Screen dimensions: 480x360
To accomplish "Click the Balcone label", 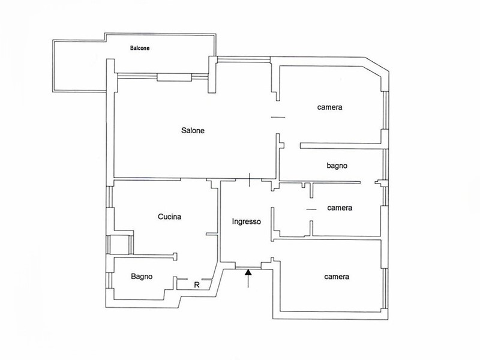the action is point(140,48).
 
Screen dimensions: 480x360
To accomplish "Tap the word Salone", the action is point(193,130).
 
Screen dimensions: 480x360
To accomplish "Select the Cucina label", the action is point(170,217).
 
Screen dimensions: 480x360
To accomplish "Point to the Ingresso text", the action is point(247,221).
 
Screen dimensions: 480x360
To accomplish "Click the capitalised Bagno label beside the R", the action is point(142,277).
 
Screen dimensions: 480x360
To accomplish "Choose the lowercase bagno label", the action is point(337,166).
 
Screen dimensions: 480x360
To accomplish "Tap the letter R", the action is point(197,285).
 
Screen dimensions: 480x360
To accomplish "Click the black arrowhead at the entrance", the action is point(248,272).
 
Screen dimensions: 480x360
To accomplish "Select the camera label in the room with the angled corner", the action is point(329,107).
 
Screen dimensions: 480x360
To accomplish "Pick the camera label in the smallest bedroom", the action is point(340,208).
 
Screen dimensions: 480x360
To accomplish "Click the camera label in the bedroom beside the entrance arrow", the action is point(337,277).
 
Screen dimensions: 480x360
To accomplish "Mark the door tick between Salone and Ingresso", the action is point(250,179).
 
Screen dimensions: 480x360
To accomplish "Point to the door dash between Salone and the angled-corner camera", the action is point(278,117).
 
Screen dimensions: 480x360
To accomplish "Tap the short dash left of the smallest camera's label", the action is point(311,209).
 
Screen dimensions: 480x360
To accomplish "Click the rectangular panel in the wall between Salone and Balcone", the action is point(175,77).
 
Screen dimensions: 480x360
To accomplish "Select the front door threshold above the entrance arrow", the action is point(248,268).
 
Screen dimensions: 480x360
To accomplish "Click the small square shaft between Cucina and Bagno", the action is point(120,245).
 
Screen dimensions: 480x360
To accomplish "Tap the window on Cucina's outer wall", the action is point(110,197).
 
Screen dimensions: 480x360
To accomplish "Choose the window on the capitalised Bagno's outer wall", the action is point(110,280).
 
